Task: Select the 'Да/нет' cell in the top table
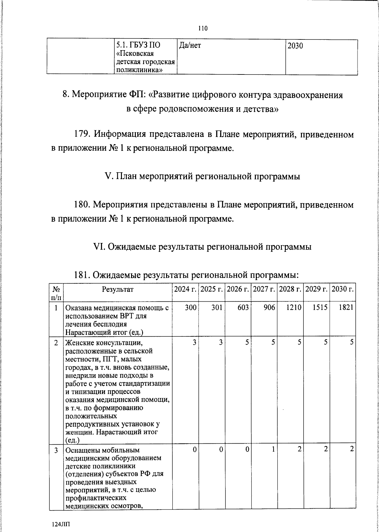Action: coord(190,46)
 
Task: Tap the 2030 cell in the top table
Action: coord(295,46)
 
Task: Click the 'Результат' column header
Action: coord(118,289)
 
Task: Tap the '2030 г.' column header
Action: coord(343,289)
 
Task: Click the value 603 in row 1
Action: coord(243,307)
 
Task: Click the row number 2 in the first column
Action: coord(56,342)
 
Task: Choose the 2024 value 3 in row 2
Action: coord(195,342)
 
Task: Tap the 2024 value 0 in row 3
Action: coord(195,449)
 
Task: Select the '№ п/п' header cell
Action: coord(56,293)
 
